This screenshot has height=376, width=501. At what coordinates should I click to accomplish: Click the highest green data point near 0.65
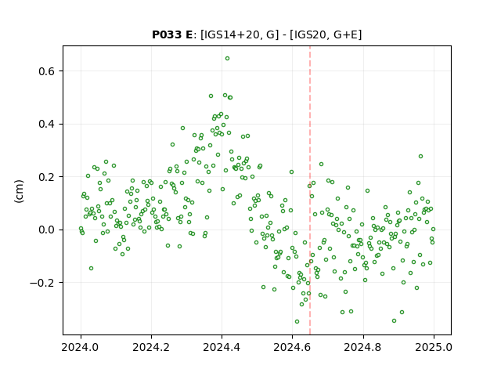[227, 59]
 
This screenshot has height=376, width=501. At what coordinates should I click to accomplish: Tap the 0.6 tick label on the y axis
[46, 71]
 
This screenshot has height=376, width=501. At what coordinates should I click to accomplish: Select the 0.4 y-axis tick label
[46, 124]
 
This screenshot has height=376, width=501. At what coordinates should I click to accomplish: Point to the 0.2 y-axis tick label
[46, 177]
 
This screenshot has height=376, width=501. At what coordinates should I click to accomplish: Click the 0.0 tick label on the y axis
[46, 230]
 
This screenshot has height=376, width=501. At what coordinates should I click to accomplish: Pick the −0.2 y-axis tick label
[42, 283]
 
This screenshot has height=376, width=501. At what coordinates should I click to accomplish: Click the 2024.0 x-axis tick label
[81, 347]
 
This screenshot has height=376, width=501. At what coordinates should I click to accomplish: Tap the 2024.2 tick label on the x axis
[151, 347]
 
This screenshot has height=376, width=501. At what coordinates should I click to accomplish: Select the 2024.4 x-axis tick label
[222, 347]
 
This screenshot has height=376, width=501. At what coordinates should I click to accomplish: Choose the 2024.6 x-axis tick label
[292, 347]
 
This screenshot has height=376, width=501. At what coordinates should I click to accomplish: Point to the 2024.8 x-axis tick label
[363, 347]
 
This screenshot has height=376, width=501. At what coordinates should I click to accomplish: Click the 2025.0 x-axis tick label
[434, 347]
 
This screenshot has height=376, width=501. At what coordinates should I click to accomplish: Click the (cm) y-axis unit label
[19, 191]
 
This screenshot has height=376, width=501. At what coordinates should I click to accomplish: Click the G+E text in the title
[346, 34]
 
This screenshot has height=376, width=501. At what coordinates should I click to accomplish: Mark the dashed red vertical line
[310, 190]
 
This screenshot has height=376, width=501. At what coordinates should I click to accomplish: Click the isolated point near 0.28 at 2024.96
[420, 157]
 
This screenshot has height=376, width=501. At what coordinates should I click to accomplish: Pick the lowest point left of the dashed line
[297, 322]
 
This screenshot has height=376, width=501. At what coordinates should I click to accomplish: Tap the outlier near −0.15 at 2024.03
[91, 268]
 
